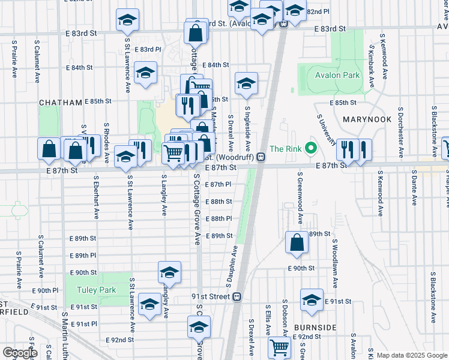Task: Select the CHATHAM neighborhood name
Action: [60, 103]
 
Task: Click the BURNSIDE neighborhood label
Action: [315, 328]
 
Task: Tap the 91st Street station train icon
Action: [238, 297]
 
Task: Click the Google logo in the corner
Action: [20, 353]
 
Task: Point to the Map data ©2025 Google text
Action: [412, 355]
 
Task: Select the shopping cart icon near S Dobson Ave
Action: [280, 347]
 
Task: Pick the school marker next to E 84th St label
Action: [145, 73]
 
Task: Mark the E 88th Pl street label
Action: [218, 219]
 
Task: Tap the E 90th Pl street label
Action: [47, 290]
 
